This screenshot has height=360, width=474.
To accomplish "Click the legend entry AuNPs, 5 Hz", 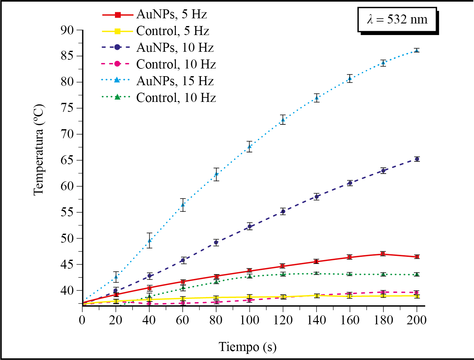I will [x=171, y=14].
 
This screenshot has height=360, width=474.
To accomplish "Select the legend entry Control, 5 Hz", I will [x=172, y=31].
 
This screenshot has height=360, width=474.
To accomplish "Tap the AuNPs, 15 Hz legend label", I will [x=175, y=81].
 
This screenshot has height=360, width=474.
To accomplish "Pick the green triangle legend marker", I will [x=118, y=97].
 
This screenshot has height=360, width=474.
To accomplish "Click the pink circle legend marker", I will [x=118, y=64].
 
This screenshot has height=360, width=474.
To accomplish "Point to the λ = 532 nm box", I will [x=397, y=20].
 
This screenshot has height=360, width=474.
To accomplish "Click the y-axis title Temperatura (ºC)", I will [x=39, y=150].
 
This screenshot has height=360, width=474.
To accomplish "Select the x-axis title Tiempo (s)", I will [x=247, y=347].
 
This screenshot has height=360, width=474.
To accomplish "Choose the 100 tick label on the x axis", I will [x=250, y=320].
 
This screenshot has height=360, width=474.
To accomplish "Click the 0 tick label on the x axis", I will [x=83, y=320].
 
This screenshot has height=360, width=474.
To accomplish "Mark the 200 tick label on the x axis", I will [x=417, y=320].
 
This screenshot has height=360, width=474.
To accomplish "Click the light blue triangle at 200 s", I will [x=417, y=50].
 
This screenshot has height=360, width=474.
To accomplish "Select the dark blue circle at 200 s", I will [x=417, y=159].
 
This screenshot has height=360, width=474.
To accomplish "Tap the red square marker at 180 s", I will [x=383, y=254].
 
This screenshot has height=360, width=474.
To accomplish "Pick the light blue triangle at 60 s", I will [x=183, y=205].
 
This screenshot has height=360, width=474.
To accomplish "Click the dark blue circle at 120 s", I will [x=283, y=212].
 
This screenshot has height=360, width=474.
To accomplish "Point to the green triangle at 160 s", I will [x=350, y=274].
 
